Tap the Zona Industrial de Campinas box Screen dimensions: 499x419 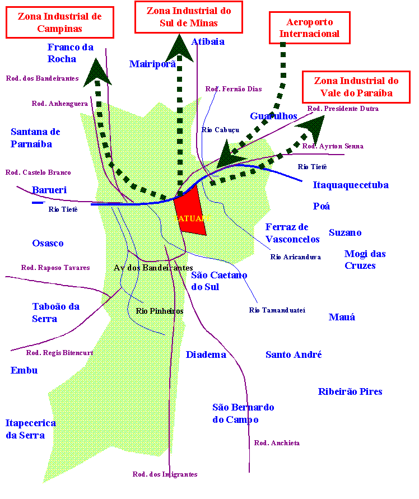pyautogui.click(x=59, y=22)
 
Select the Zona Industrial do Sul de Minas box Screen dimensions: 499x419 pyautogui.click(x=189, y=17)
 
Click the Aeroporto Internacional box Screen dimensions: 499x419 pyautogui.click(x=309, y=28)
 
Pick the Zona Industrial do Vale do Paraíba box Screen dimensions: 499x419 pyautogui.click(x=356, y=87)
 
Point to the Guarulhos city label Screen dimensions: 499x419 pyautogui.click(x=273, y=116)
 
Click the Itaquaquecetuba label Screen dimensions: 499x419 pyautogui.click(x=351, y=185)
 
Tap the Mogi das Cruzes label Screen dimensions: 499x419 pyautogui.click(x=365, y=259)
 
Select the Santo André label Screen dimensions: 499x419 pyautogui.click(x=294, y=355)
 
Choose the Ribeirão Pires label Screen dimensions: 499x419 pyautogui.click(x=350, y=391)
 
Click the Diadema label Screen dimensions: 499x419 pyautogui.click(x=206, y=355)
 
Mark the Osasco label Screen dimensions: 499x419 pyautogui.click(x=48, y=243)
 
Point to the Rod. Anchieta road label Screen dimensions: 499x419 pyautogui.click(x=277, y=443)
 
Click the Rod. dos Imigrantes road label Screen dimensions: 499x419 pyautogui.click(x=165, y=474)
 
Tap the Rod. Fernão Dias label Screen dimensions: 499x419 pyautogui.click(x=234, y=89)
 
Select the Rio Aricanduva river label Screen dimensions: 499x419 pyautogui.click(x=295, y=257)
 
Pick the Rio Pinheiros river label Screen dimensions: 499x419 pyautogui.click(x=160, y=311)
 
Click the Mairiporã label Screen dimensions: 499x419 pyautogui.click(x=152, y=64)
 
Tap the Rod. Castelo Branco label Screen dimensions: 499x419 pyautogui.click(x=38, y=172)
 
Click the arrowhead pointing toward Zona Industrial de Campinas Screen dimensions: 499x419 pyautogui.click(x=97, y=72)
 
